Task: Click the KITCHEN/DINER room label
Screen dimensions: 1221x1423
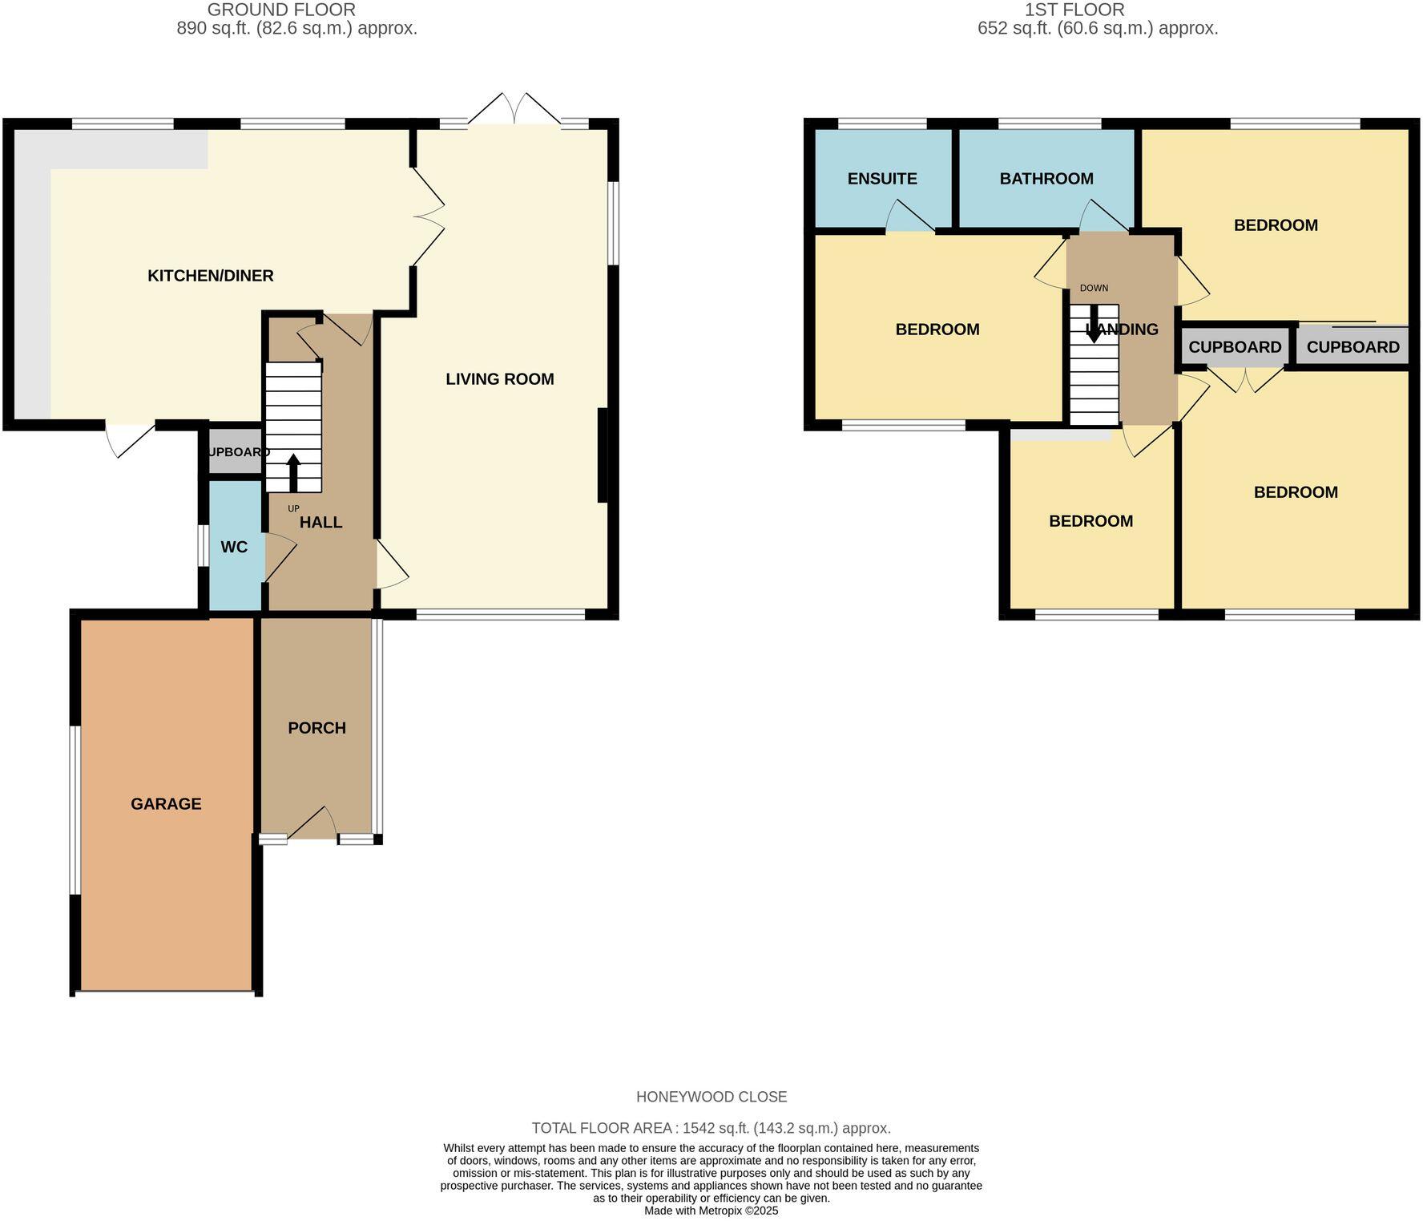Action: coord(211,276)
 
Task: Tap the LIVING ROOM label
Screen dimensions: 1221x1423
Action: coord(499,379)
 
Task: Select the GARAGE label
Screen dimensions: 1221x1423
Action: coord(166,804)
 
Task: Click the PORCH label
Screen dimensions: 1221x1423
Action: coord(316,728)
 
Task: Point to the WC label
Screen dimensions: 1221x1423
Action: coord(234,548)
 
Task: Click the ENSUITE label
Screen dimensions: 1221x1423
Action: coord(882,179)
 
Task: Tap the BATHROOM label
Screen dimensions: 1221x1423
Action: coord(1046,179)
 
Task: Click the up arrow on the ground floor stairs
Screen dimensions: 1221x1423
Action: coord(292,472)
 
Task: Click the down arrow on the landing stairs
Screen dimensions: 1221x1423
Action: coord(1093,325)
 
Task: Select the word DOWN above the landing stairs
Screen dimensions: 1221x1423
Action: coord(1094,288)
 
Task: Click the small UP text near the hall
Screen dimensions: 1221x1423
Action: coord(293,508)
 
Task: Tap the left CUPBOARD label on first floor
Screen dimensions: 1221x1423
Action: coord(1235,347)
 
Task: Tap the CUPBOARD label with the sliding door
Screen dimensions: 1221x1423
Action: coord(1352,347)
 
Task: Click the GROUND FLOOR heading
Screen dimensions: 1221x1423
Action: coord(281,10)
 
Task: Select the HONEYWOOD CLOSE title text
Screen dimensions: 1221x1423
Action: coord(711,1097)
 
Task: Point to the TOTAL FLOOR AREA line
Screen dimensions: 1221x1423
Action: coord(711,1128)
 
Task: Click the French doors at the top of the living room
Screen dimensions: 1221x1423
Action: coord(514,110)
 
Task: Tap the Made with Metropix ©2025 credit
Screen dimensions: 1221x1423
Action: coord(711,1211)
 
